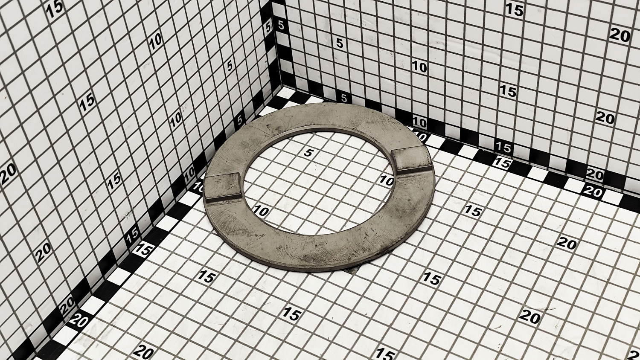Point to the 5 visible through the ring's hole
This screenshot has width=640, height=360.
(308, 153)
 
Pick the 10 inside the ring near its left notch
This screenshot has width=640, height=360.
(261, 211)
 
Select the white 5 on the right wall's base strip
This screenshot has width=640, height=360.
(344, 98)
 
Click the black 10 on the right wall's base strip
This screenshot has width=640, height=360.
(419, 122)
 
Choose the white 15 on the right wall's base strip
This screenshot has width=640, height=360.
(503, 147)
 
